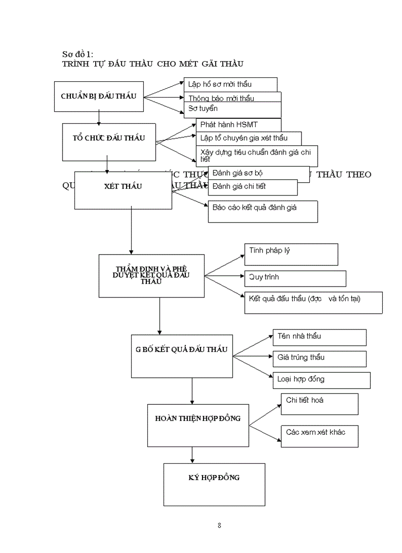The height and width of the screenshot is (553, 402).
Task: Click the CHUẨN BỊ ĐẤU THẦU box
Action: tap(99, 96)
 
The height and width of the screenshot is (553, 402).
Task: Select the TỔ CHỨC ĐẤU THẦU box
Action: tap(109, 141)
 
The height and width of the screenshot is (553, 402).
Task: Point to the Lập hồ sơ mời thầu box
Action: tap(230, 84)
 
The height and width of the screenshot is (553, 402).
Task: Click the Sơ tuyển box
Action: tap(232, 109)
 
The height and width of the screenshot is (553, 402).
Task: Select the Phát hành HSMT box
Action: tap(238, 125)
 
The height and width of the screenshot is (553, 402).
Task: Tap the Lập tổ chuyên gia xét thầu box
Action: tap(248, 138)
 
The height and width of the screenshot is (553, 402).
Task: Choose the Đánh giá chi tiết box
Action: tap(253, 187)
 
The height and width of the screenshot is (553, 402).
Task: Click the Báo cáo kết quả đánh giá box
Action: tap(262, 211)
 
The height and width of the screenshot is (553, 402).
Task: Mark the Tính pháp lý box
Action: tap(291, 254)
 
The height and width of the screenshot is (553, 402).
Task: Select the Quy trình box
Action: tap(295, 278)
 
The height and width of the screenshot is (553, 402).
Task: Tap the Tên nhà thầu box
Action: tap(319, 337)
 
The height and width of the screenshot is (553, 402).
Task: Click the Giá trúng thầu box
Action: tap(319, 358)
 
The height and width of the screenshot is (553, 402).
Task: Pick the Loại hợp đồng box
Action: tap(321, 380)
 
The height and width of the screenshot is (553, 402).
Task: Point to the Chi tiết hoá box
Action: tap(319, 404)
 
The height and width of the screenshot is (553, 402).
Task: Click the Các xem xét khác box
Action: tap(319, 436)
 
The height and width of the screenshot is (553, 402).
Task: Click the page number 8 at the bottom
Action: tap(219, 525)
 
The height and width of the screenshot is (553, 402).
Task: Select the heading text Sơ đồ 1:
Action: tap(77, 54)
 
